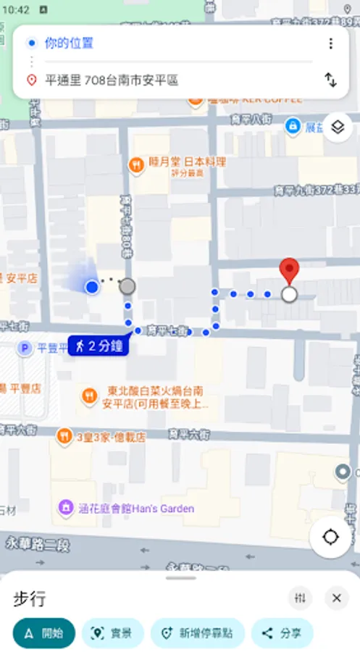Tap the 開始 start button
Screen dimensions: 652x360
(43, 632)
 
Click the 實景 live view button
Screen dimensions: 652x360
(112, 632)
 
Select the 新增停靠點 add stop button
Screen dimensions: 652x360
(197, 632)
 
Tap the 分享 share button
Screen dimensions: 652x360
(282, 632)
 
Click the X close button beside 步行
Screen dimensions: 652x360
(336, 598)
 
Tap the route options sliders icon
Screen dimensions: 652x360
(301, 598)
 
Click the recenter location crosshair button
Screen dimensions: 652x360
(331, 537)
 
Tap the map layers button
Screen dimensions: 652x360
(337, 128)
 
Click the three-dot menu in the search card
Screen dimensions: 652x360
(331, 43)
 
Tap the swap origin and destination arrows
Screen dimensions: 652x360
(331, 80)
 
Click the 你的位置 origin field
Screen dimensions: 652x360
(69, 43)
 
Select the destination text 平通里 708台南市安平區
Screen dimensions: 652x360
(112, 80)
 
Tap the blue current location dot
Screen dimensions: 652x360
(92, 288)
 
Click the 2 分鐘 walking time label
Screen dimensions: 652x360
(99, 346)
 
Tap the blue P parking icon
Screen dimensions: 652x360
(25, 348)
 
